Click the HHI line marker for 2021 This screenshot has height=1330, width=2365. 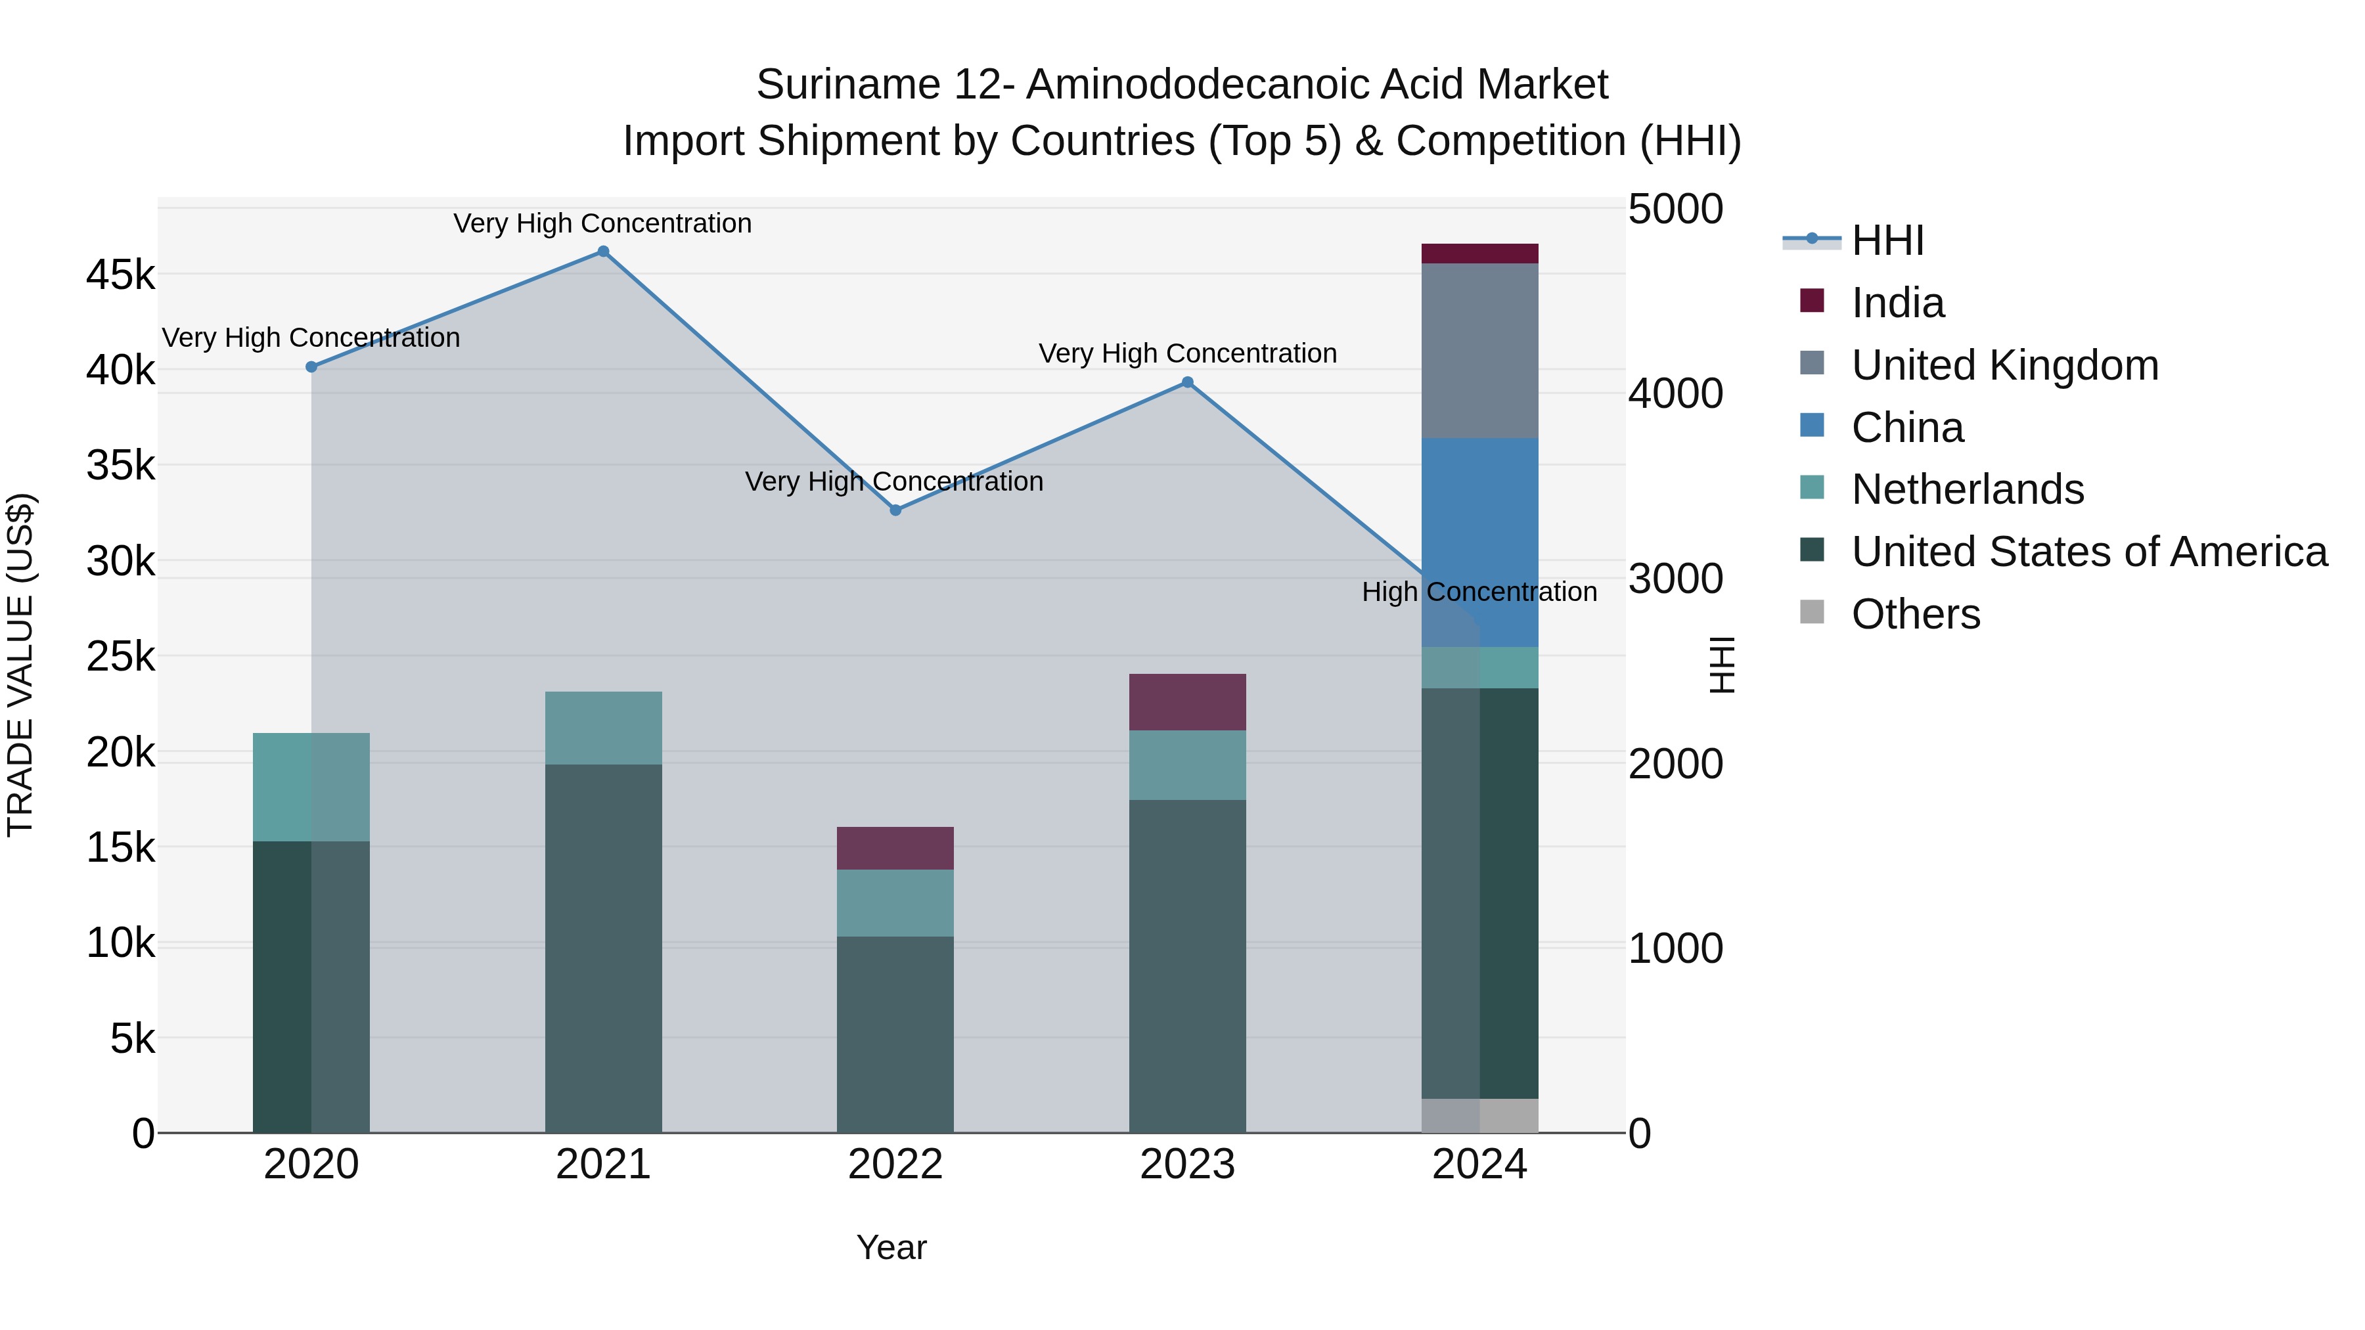(x=603, y=252)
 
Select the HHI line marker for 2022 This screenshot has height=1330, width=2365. (x=896, y=510)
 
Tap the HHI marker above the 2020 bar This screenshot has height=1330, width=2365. (x=311, y=367)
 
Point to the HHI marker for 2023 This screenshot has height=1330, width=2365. (x=1187, y=383)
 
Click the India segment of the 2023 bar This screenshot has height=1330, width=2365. (x=1187, y=702)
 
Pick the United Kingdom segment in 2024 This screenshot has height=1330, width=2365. (x=1479, y=351)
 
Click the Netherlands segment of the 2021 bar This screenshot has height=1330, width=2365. (x=603, y=728)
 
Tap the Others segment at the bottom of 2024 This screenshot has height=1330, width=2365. (x=1479, y=1115)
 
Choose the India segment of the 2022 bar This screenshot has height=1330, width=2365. (x=895, y=848)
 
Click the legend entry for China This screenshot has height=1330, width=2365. (x=1907, y=428)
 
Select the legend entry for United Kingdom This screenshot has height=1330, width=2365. (x=2004, y=365)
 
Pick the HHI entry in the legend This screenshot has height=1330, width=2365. (x=1887, y=240)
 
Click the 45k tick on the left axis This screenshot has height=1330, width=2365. (x=120, y=275)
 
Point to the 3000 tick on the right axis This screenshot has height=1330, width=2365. (x=1675, y=579)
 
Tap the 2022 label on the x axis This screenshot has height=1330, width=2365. (x=895, y=1164)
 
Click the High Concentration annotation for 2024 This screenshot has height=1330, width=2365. (x=1479, y=592)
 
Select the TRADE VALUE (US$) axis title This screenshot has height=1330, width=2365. (x=20, y=665)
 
